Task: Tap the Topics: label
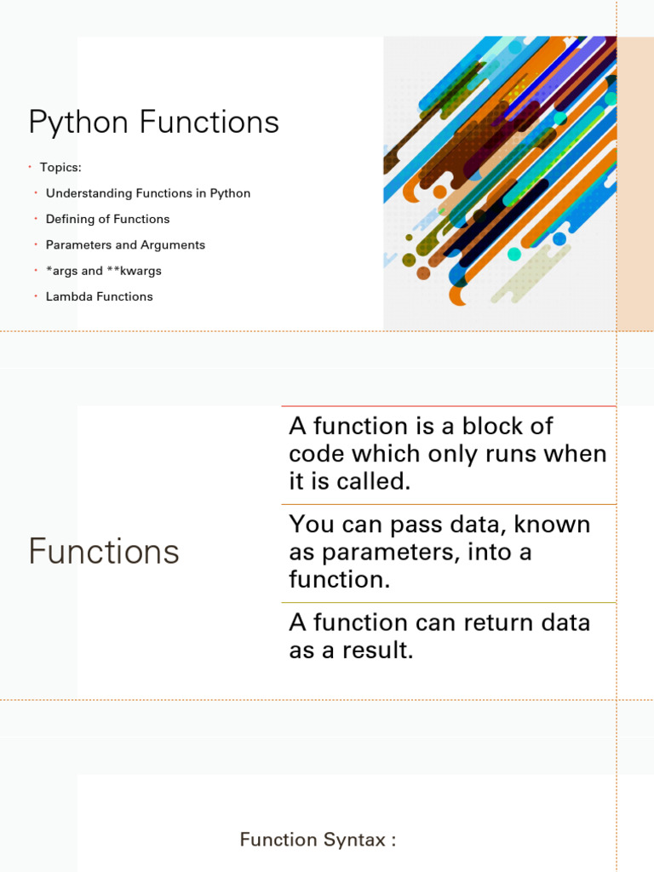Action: pyautogui.click(x=60, y=168)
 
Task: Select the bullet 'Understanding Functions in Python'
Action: pyautogui.click(x=148, y=193)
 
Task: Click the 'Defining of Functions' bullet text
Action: pyautogui.click(x=108, y=219)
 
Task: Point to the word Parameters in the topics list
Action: pyautogui.click(x=78, y=244)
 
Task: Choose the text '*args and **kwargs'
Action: pyautogui.click(x=103, y=271)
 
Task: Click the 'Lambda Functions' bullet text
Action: pyautogui.click(x=99, y=296)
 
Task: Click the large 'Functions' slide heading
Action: pyautogui.click(x=104, y=551)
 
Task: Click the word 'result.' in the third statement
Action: pyautogui.click(x=378, y=650)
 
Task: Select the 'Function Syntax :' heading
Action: pyautogui.click(x=318, y=839)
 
